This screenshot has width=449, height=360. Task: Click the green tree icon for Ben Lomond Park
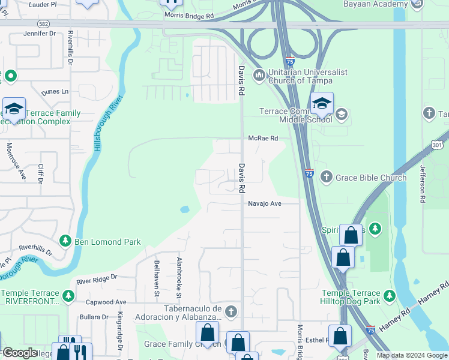click(65, 241)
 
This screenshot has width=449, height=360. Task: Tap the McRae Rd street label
click(264, 138)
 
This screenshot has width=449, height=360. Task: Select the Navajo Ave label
click(265, 203)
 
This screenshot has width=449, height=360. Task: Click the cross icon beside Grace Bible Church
click(326, 176)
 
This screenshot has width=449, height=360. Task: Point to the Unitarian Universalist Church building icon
click(259, 75)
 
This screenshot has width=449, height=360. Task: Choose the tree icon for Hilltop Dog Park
click(389, 295)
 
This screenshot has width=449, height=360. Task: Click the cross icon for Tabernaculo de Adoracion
click(232, 311)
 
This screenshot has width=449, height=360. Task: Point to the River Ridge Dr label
click(97, 279)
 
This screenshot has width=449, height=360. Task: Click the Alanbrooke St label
click(179, 277)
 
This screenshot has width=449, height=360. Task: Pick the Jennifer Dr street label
click(40, 34)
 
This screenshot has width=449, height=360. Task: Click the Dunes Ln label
click(55, 92)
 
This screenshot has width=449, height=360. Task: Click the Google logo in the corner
click(20, 353)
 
